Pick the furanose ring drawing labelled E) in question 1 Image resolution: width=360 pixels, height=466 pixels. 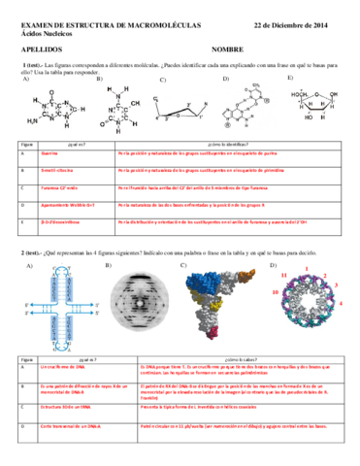click(315, 107)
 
